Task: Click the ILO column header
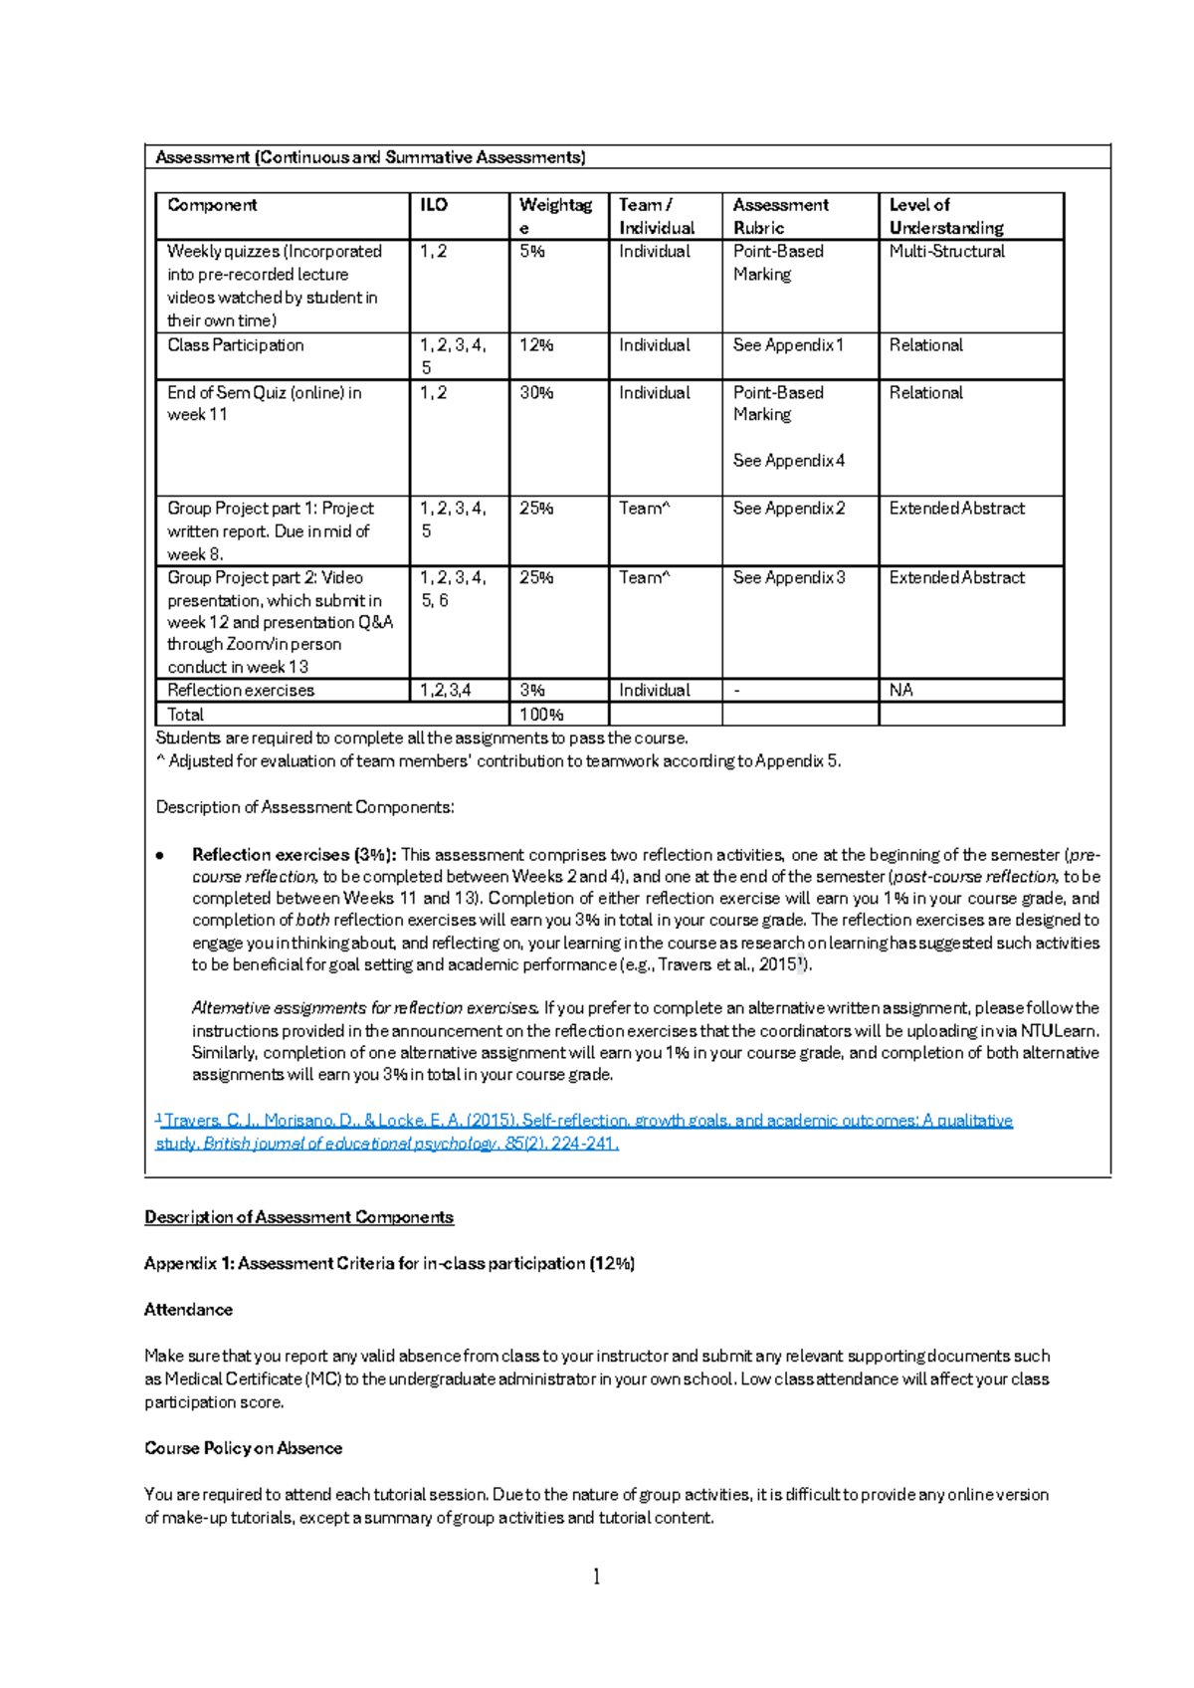pyautogui.click(x=434, y=205)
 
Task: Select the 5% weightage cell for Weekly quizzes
pyautogui.click(x=532, y=252)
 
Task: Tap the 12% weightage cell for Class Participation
pyautogui.click(x=536, y=345)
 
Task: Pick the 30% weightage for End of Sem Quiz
pyautogui.click(x=536, y=393)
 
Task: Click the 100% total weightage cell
pyautogui.click(x=541, y=715)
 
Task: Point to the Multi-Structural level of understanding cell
pyautogui.click(x=946, y=252)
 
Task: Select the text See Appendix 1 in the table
pyautogui.click(x=788, y=345)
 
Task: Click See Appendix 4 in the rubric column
pyautogui.click(x=788, y=461)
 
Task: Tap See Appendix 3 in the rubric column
pyautogui.click(x=788, y=577)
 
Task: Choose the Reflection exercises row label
pyautogui.click(x=241, y=691)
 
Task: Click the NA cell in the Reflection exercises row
pyautogui.click(x=900, y=691)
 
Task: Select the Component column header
pyautogui.click(x=212, y=205)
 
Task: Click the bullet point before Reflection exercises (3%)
pyautogui.click(x=160, y=855)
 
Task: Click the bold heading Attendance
pyautogui.click(x=188, y=1310)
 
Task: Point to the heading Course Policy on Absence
pyautogui.click(x=243, y=1448)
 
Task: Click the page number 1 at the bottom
pyautogui.click(x=596, y=1577)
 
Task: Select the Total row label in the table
pyautogui.click(x=185, y=715)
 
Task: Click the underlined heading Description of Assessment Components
pyautogui.click(x=298, y=1217)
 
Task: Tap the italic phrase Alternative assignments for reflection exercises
pyautogui.click(x=365, y=1008)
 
